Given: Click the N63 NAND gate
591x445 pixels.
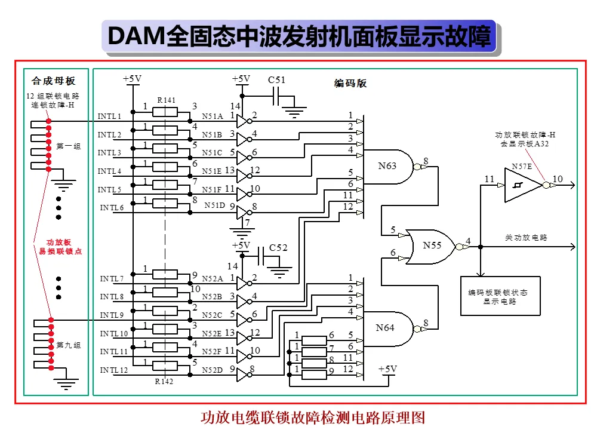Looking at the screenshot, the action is [x=388, y=166].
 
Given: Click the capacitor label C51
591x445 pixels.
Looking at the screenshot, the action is [x=276, y=80].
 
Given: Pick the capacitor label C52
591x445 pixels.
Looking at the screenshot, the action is [x=278, y=248].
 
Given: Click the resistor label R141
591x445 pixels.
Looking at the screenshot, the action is [x=166, y=100].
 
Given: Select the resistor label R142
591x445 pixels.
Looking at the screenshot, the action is [x=164, y=381].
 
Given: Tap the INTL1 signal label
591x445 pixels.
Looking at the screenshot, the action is [x=109, y=116].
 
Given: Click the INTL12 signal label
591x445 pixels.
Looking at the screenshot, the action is [x=114, y=370].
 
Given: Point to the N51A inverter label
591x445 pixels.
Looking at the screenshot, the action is [x=212, y=116].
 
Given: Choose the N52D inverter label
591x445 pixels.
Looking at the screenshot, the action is [x=212, y=370].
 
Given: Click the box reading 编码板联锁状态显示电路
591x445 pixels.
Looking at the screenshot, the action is [x=500, y=296].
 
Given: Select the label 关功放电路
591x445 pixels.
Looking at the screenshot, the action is [x=526, y=238].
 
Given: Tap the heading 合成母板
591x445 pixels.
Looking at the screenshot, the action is [x=54, y=81].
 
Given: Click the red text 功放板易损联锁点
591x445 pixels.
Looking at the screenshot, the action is [x=60, y=247].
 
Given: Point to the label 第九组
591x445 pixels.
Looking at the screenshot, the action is [x=69, y=345].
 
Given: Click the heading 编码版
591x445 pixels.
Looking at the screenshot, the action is [x=350, y=83].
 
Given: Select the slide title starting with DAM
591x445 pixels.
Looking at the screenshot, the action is [x=299, y=36].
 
